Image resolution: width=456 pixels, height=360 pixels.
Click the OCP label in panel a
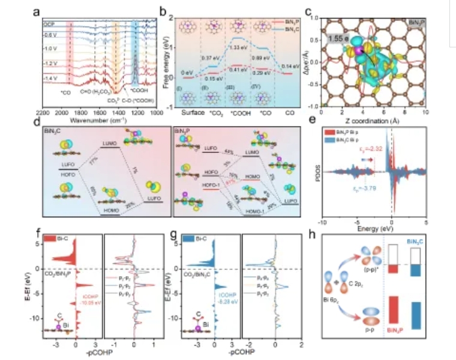pyautogui.click(x=49, y=25)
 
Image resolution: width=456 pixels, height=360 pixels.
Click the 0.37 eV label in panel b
pyautogui.click(x=211, y=58)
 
